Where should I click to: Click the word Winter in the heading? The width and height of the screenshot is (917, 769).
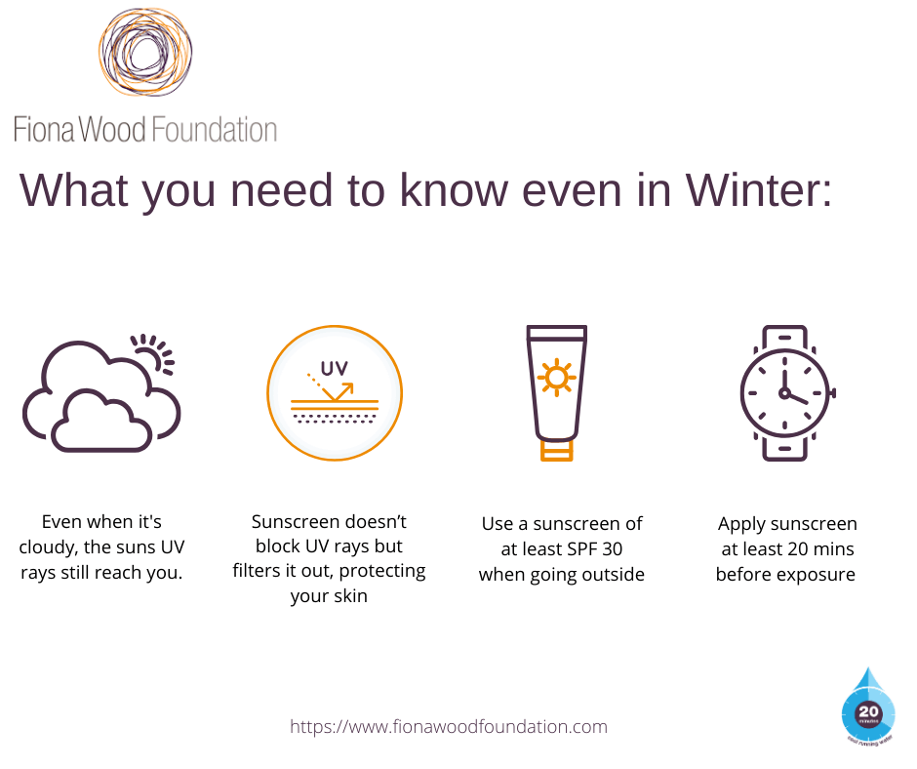[x=759, y=190]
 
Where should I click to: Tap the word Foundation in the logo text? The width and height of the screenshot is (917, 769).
[x=214, y=130]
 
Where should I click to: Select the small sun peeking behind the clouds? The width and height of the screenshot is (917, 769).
[x=154, y=353]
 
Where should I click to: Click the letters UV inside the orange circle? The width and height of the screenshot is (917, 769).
[x=335, y=369]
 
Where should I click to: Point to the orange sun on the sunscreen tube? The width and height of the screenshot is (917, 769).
[x=556, y=378]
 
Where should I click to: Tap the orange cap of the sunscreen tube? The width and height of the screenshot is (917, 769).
[x=556, y=451]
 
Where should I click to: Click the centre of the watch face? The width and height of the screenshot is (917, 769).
[x=784, y=392]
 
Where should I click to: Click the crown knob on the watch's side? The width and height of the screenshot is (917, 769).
[x=833, y=392]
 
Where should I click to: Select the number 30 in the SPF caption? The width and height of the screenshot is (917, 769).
[x=613, y=549]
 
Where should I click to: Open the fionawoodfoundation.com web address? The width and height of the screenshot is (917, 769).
[x=449, y=727]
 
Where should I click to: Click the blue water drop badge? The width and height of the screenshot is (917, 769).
[x=868, y=705]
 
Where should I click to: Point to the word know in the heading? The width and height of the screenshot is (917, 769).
[x=454, y=190]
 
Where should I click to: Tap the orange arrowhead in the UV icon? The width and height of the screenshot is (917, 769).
[x=347, y=389]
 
